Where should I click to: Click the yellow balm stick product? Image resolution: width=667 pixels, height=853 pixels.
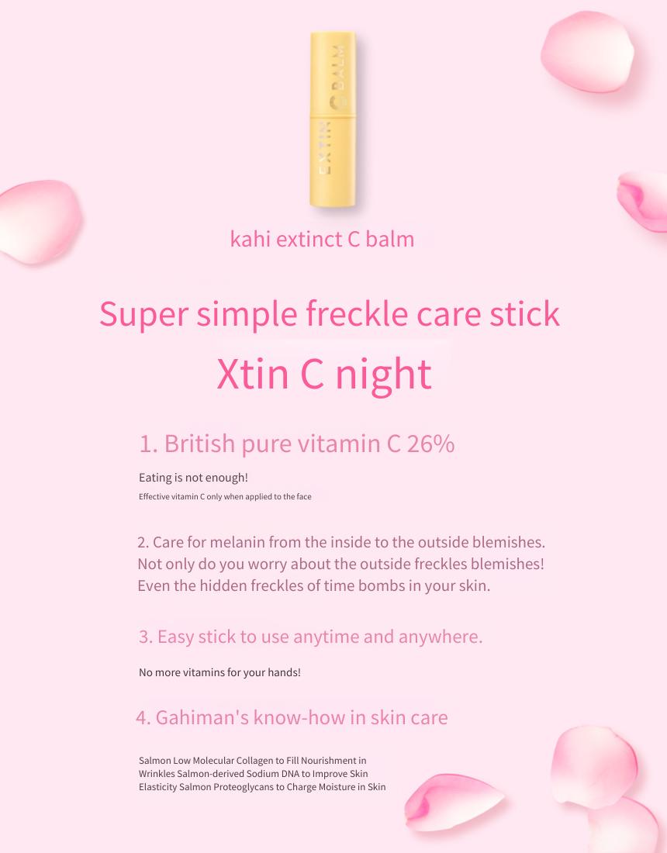tap(333, 119)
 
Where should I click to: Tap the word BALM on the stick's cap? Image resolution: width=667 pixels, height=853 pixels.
tap(339, 67)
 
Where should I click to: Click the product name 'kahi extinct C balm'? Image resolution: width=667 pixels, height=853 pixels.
tap(322, 239)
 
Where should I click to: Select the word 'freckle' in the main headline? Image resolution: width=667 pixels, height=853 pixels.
tap(356, 314)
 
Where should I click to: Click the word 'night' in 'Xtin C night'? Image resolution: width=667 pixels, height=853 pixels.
tap(383, 375)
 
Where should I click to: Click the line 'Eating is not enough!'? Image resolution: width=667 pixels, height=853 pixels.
tap(193, 478)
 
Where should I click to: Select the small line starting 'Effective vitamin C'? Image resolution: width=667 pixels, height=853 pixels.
tap(225, 496)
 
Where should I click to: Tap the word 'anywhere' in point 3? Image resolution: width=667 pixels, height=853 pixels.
tap(440, 637)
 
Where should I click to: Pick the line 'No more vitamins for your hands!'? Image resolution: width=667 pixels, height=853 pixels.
tap(219, 672)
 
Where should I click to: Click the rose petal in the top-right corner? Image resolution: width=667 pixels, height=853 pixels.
tap(587, 52)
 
